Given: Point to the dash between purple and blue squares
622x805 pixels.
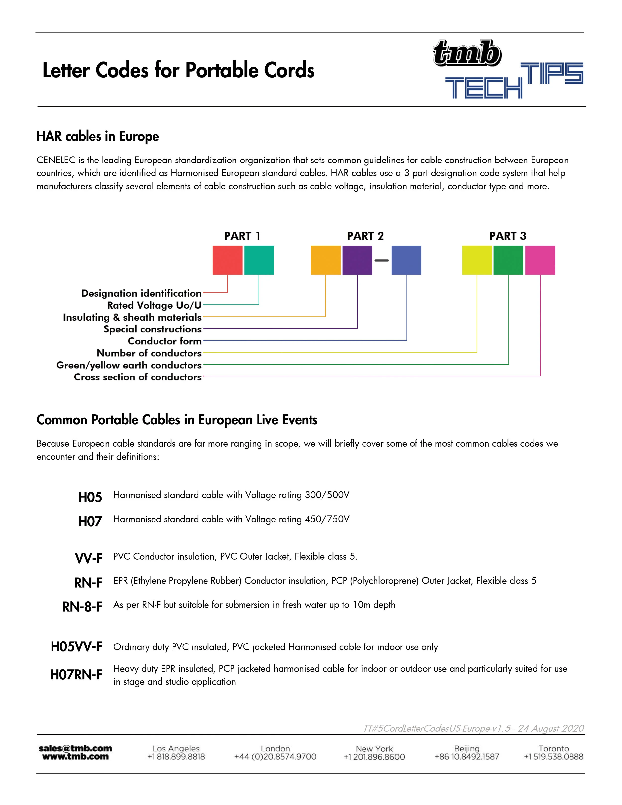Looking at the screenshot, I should [x=382, y=260].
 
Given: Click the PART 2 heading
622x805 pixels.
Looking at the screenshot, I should [x=365, y=236].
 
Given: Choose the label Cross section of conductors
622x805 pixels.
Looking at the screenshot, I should [x=137, y=377].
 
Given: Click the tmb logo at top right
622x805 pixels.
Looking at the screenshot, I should [x=467, y=54].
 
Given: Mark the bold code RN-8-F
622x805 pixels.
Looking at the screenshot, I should [x=82, y=607].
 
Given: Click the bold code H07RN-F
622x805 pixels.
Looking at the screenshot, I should [x=76, y=675].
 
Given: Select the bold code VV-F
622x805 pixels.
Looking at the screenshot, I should [x=88, y=558].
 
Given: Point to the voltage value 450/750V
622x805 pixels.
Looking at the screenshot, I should [x=327, y=519].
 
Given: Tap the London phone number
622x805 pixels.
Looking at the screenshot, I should [x=275, y=757].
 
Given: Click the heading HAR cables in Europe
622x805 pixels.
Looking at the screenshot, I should [x=98, y=136].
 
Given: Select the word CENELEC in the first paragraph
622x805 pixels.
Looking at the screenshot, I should [x=56, y=160].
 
